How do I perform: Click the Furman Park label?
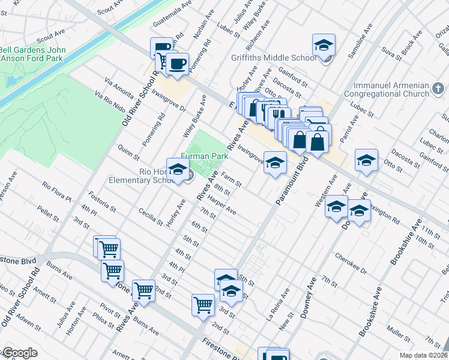coord(205,156)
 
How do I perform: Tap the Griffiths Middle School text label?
coord(274,58)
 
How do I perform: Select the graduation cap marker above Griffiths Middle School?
coord(324,46)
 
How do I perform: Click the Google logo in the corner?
coord(19,353)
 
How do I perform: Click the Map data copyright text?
coord(421,355)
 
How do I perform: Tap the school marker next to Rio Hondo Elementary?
coord(178,171)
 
